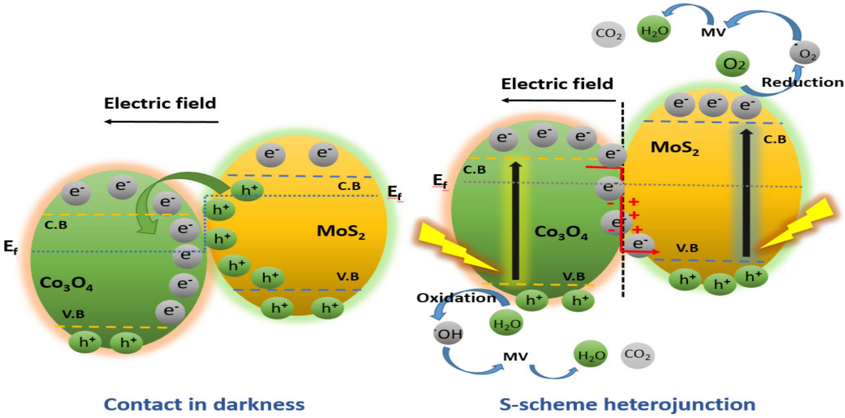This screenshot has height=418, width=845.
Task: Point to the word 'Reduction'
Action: tap(802, 82)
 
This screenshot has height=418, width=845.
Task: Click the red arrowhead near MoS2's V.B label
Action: tap(656, 252)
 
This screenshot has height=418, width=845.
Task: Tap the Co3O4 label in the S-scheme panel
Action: tap(561, 232)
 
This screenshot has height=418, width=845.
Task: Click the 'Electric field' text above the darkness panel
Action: tap(160, 103)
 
